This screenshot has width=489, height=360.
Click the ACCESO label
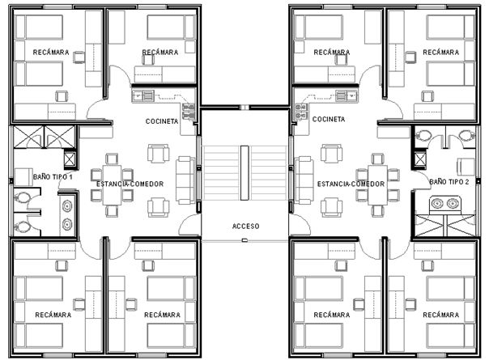tap(246, 226)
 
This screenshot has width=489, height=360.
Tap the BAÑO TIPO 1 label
tap(53, 177)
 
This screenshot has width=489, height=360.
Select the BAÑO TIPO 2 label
tap(449, 182)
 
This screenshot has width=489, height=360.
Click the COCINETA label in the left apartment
tap(162, 121)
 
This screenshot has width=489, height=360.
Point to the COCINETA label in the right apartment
tap(329, 119)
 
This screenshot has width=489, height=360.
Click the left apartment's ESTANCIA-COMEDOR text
tap(130, 184)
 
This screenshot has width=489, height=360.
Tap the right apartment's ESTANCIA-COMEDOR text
tap(351, 184)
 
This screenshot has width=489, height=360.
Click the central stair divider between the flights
tap(244, 173)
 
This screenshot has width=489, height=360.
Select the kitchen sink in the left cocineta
tap(143, 95)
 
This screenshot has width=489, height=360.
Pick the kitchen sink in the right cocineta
tap(347, 95)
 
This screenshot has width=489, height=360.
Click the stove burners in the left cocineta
tap(189, 112)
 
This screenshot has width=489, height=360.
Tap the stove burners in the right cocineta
tap(301, 112)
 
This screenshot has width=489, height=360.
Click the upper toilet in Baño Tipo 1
tap(22, 197)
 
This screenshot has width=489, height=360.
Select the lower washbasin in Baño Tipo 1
tap(67, 224)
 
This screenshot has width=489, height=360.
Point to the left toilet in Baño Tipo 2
tap(423, 134)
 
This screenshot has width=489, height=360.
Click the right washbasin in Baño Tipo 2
tap(453, 204)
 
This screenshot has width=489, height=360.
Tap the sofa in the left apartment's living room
tap(185, 180)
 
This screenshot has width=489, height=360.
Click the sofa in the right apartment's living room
tap(304, 180)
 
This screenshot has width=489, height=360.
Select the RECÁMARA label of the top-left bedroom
tap(51, 53)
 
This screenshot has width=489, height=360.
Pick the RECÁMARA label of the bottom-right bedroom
tap(441, 316)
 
